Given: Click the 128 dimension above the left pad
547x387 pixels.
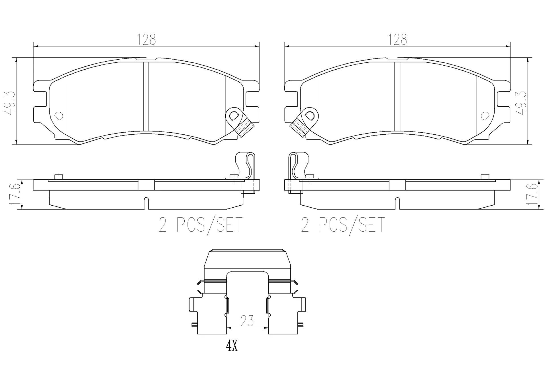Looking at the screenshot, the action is pos(146,39).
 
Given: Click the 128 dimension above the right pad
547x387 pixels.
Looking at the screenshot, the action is pos(398,39).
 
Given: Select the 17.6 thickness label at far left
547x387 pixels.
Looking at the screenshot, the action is pos(15,194).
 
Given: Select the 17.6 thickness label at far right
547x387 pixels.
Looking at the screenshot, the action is pos(532,194).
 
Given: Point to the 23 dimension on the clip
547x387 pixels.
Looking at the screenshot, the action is pos(247,321).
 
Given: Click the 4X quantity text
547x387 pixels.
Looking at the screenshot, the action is pos(232,346).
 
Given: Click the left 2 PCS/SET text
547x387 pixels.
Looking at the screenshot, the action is pos(201,224).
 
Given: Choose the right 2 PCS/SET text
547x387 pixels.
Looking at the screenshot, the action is pos(343,224).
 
